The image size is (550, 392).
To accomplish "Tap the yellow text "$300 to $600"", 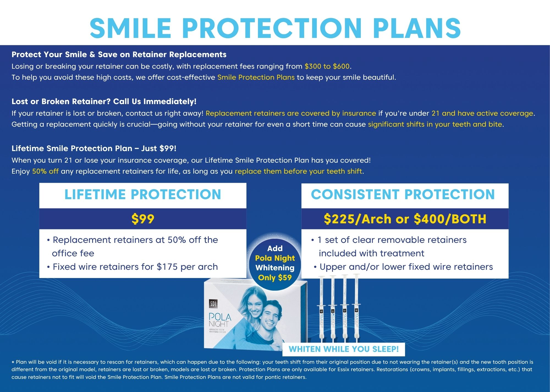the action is click(327, 66).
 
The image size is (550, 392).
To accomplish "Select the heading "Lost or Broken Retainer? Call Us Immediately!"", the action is click(104, 101).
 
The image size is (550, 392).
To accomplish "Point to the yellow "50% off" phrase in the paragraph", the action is click(45, 171).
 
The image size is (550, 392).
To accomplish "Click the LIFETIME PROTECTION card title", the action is click(143, 194).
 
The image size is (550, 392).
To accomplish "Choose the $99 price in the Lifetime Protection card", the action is click(143, 219).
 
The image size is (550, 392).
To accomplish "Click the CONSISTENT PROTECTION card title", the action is click(403, 194).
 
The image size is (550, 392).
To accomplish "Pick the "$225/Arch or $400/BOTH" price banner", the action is click(405, 219).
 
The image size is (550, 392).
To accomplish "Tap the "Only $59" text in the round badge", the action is click(275, 277).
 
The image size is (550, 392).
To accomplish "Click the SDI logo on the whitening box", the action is click(213, 304).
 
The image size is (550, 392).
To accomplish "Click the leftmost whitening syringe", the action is click(321, 309).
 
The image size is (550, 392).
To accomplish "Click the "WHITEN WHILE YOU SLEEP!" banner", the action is click(344, 349).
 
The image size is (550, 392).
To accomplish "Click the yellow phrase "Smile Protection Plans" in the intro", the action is click(256, 77).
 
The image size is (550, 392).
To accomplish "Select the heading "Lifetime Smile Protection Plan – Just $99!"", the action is click(94, 148).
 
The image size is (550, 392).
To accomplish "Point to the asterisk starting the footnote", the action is click(13, 362).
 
